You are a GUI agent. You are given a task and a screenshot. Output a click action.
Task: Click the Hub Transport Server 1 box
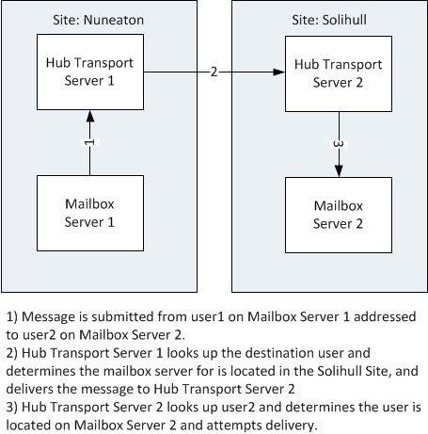click(x=89, y=71)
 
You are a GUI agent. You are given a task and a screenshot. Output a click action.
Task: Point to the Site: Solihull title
click(x=324, y=17)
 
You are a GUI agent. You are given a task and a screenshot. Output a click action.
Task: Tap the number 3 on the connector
click(x=338, y=142)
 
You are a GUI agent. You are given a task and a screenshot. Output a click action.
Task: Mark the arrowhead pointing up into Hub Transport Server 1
click(x=90, y=115)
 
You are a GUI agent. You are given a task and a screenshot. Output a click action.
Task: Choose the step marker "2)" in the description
click(x=12, y=350)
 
